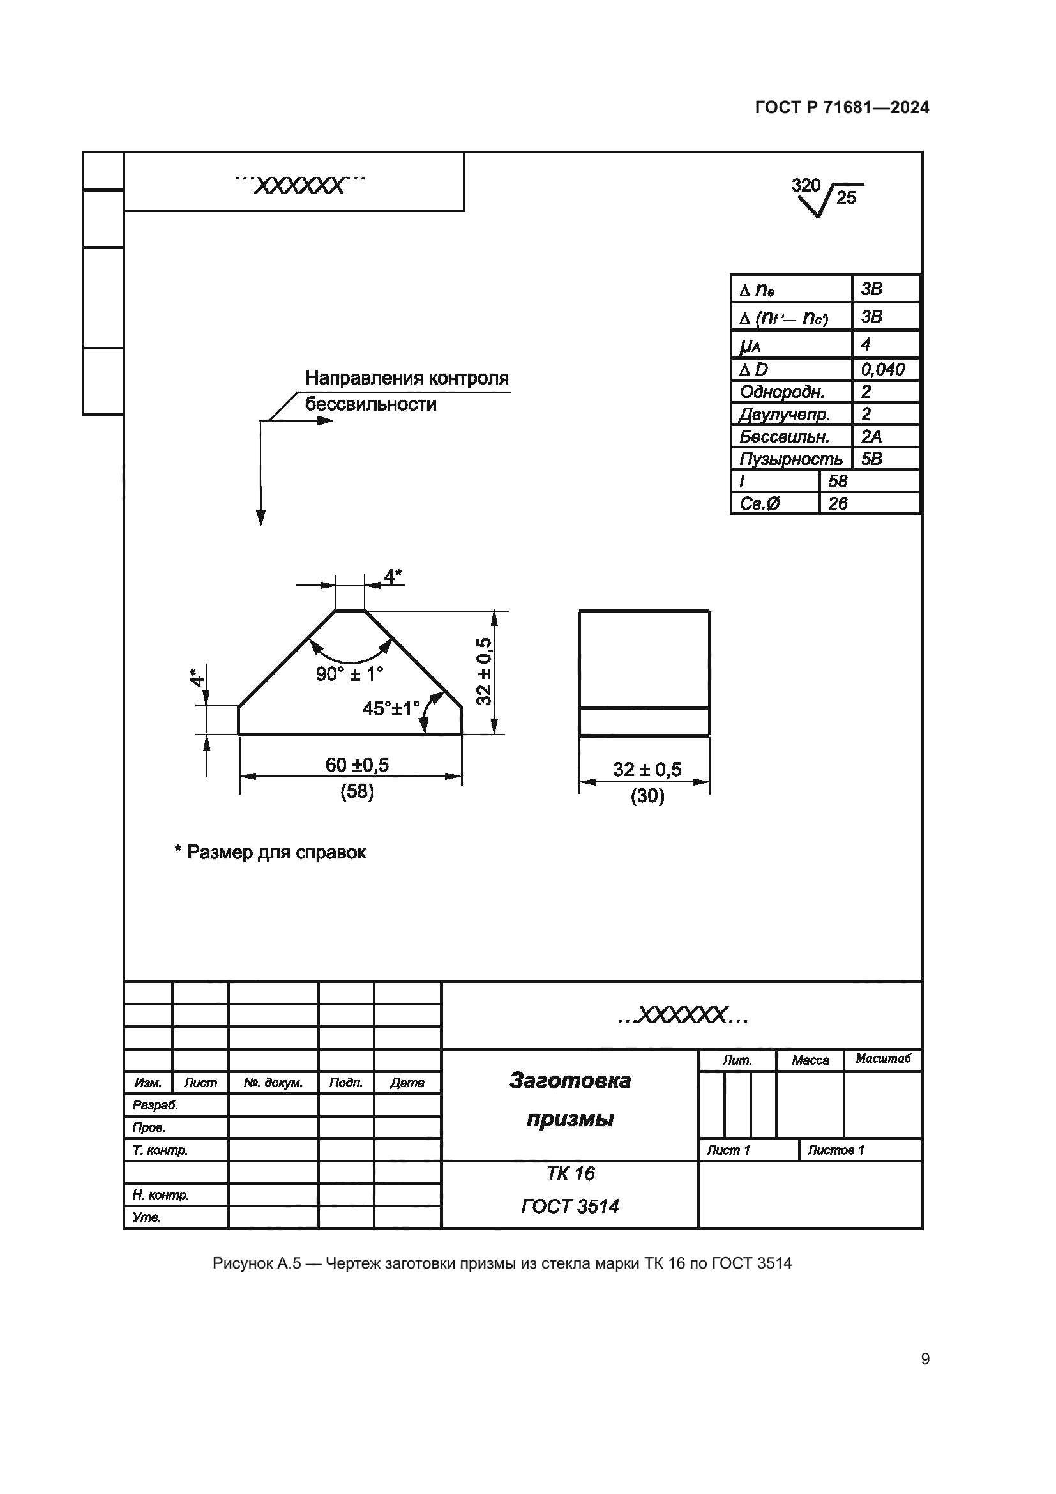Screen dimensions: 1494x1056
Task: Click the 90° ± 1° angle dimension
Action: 349,674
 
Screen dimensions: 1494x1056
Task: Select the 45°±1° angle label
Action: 391,708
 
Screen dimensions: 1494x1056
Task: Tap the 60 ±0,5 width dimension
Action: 357,765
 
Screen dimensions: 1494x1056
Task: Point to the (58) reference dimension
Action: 357,791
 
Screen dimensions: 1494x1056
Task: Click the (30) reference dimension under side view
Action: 647,796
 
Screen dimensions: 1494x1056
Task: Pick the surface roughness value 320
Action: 806,185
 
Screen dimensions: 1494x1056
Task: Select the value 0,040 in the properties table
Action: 882,370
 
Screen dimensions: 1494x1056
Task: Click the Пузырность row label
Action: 790,459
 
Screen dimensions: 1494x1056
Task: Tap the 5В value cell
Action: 872,459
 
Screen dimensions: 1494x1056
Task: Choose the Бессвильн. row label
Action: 784,437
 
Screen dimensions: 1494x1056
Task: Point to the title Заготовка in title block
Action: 569,1080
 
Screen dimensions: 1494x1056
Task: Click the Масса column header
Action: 810,1060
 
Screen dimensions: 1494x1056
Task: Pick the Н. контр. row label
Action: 161,1194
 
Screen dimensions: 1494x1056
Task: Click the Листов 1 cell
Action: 836,1150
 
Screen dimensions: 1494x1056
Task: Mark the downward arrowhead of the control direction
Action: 260,517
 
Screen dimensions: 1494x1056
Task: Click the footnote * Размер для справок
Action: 271,853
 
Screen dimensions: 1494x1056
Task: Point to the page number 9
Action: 924,1359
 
